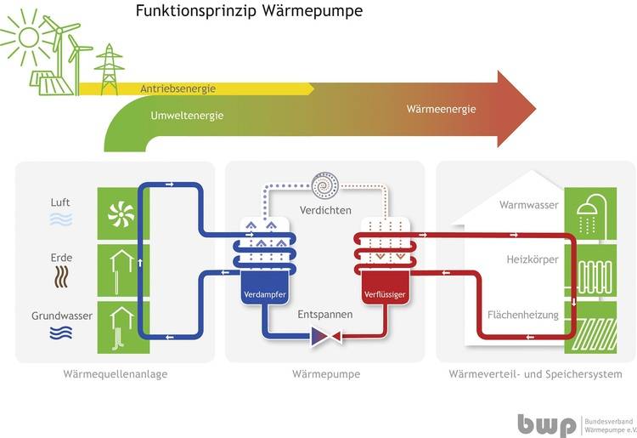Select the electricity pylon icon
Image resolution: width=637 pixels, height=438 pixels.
[x=108, y=67]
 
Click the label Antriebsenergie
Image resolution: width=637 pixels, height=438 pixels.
[x=178, y=88]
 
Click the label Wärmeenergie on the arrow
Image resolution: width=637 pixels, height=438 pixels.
[x=441, y=109]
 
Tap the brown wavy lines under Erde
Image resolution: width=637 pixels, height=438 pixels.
[x=61, y=277]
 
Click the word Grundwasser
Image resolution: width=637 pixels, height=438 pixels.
[x=62, y=316]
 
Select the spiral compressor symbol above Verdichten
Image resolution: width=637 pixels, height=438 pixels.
[x=324, y=185]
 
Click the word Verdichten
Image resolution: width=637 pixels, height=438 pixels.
[x=324, y=210]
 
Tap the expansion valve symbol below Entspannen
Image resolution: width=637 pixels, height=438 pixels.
[x=325, y=338]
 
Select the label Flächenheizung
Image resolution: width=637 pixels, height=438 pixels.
[x=522, y=316]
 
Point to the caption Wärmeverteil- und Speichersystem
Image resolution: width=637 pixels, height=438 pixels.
[x=535, y=374]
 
